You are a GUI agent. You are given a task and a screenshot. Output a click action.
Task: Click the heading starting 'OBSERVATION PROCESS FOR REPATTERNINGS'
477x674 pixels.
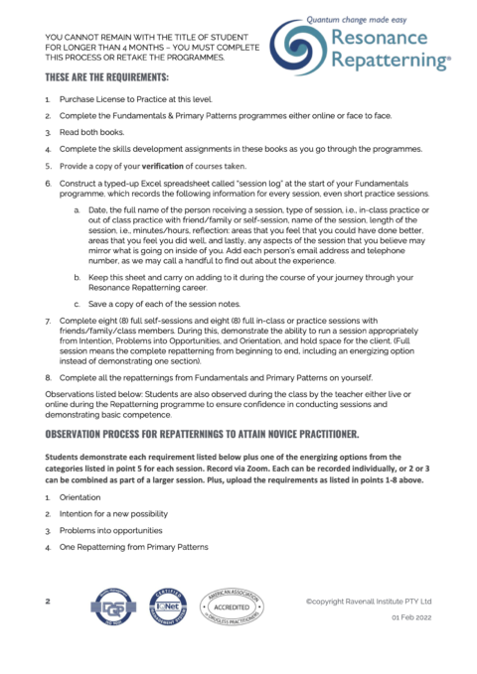211,434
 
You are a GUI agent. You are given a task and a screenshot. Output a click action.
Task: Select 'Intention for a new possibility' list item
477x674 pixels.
113,513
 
